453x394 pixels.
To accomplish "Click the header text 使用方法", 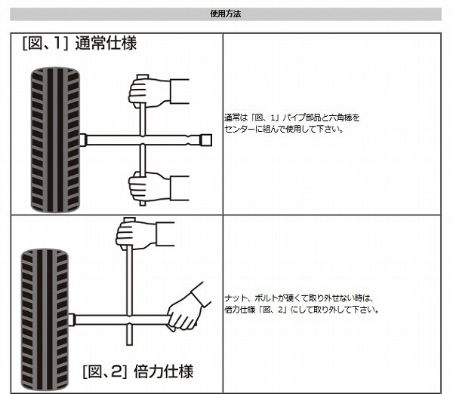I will click(226, 14).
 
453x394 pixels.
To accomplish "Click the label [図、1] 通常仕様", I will click(79, 43).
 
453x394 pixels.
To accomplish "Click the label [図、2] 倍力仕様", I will click(138, 371).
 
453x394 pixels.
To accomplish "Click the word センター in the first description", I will click(239, 129).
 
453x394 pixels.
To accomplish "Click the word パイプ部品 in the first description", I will click(297, 118).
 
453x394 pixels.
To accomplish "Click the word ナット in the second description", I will click(235, 298).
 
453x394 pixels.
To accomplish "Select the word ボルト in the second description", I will click(262, 298).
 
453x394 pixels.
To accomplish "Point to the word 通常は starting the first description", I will click(235, 118).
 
